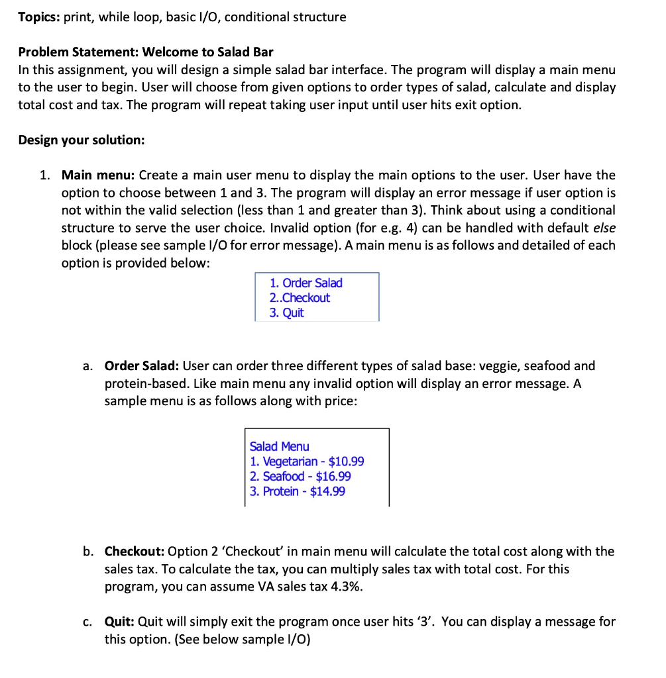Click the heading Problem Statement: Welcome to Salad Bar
[x=146, y=52]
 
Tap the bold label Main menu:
[x=98, y=175]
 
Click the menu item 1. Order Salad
[x=305, y=283]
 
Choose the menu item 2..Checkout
[x=299, y=298]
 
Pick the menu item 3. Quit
[x=286, y=313]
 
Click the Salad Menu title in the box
[x=279, y=447]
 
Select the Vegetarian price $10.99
[x=346, y=461]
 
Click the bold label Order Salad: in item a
[x=142, y=365]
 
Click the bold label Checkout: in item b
[x=135, y=552]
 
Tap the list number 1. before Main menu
[x=44, y=175]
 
